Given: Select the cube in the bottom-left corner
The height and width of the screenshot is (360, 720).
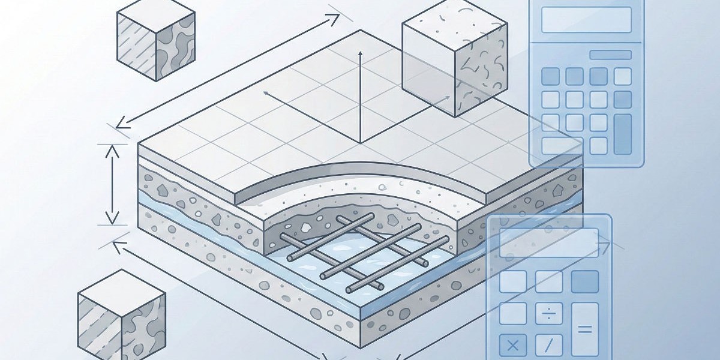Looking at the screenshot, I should [121, 314].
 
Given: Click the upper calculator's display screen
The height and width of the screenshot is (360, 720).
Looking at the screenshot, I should [586, 20].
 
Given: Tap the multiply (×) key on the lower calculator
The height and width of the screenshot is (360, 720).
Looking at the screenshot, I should [513, 345].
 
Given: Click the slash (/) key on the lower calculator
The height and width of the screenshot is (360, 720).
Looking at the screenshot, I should [549, 345].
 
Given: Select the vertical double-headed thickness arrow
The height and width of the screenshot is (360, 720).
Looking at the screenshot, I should [112, 184].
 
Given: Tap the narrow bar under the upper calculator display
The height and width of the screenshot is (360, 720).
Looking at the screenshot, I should [610, 55].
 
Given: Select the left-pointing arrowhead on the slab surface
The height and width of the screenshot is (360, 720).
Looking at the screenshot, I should [265, 94].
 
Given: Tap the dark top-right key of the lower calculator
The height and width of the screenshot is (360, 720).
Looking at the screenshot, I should [584, 281].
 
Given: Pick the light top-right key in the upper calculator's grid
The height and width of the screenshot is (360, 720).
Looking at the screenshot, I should [623, 76].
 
